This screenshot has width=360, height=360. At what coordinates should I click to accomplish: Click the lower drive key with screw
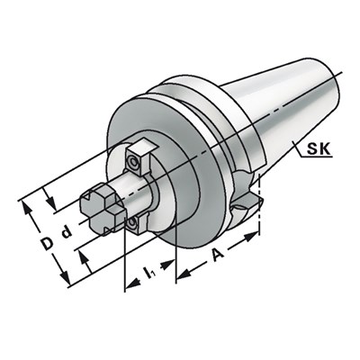tap(131, 222)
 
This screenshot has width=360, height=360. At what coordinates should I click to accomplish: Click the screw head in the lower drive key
tap(131, 220)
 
